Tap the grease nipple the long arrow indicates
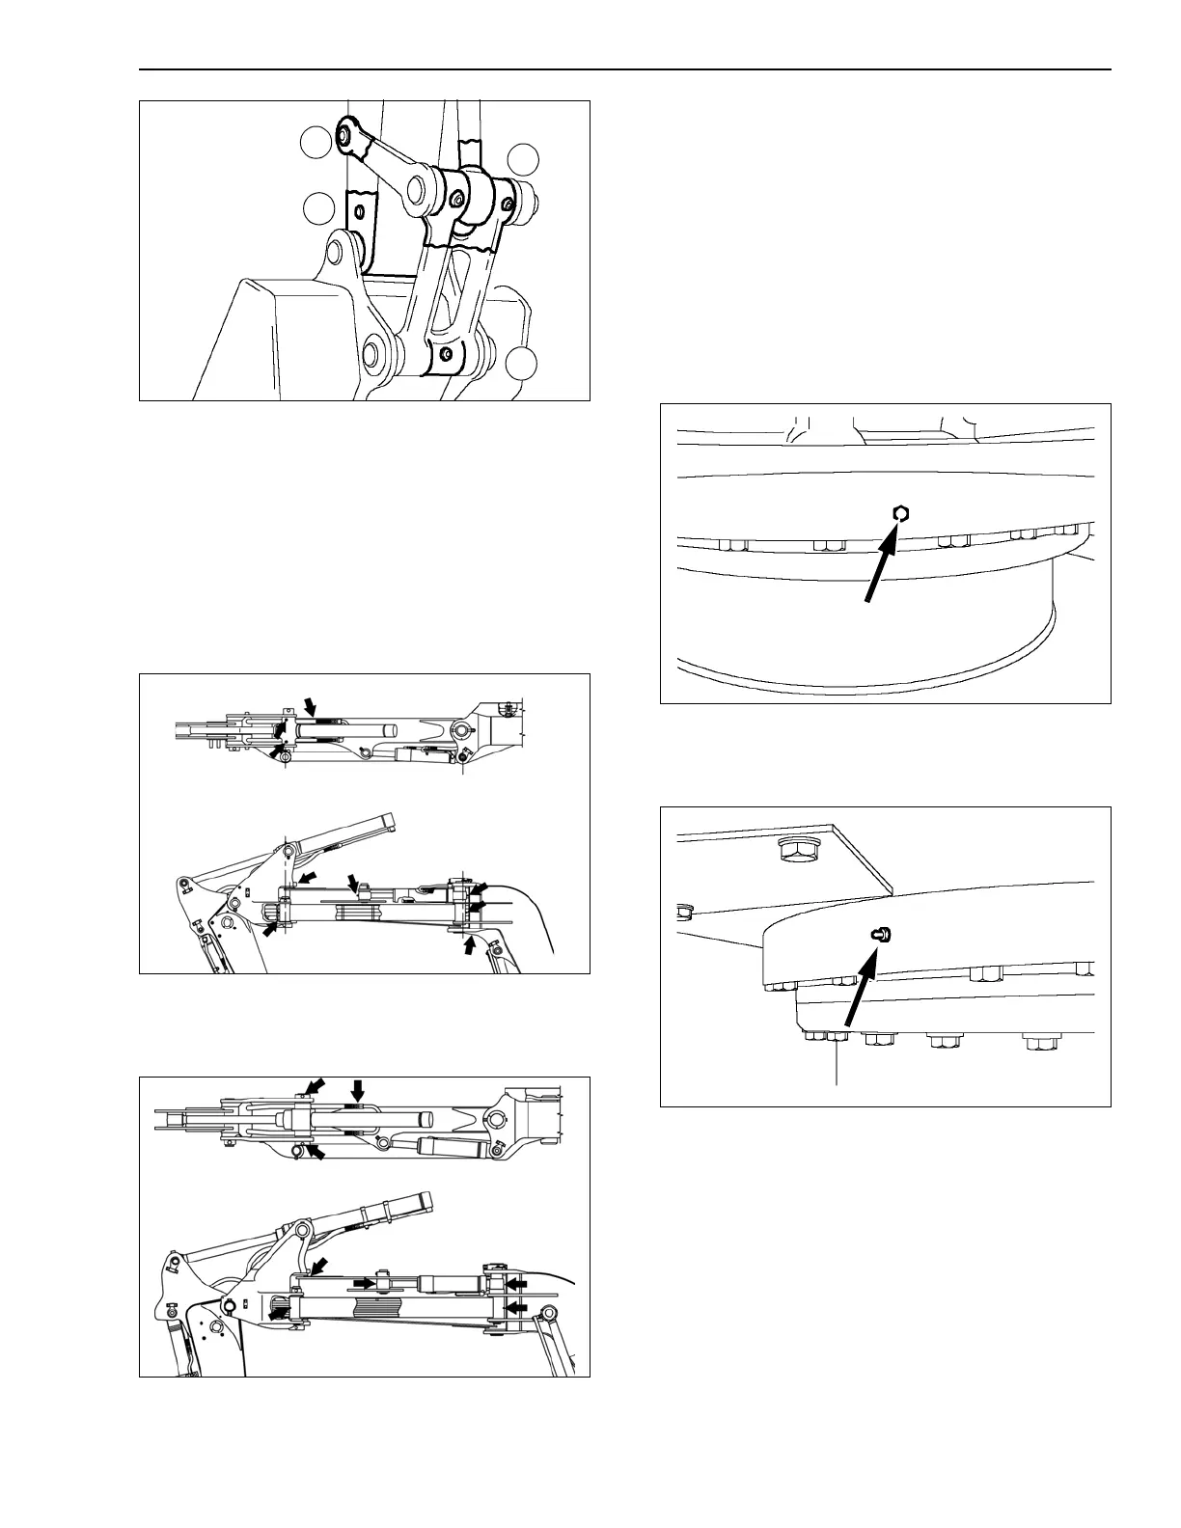point(881,934)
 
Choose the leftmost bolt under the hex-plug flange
point(732,545)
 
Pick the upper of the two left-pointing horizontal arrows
point(517,1284)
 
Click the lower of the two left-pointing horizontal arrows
point(517,1307)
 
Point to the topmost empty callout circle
point(317,143)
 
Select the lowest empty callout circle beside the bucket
point(522,363)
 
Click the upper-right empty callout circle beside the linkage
point(526,158)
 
